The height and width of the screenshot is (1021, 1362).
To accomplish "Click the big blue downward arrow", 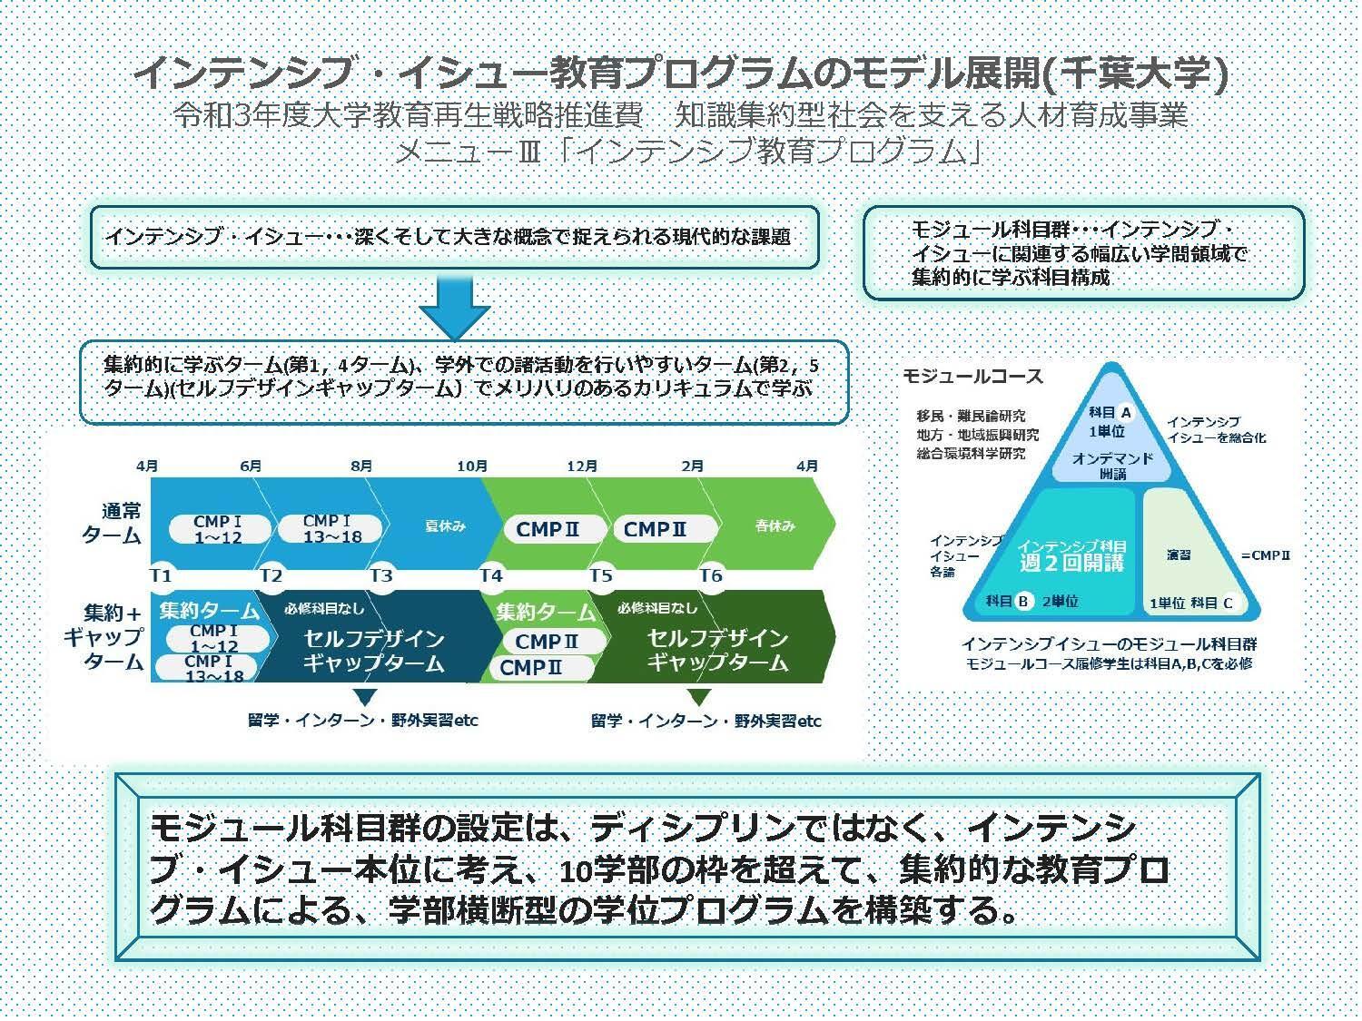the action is pos(454,306).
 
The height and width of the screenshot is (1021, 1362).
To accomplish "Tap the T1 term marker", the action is pos(160,576).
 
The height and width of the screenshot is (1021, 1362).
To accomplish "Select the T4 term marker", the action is pos(490,576).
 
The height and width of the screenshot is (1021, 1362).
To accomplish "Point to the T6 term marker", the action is pos(710,576).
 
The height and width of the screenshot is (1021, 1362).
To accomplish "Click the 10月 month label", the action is pos(472,466).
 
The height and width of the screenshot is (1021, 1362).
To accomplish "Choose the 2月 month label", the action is pos(692,466).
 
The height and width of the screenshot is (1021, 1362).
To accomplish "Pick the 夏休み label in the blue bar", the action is pos(445,526).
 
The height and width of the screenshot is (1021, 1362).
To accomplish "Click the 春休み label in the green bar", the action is pos(775,525).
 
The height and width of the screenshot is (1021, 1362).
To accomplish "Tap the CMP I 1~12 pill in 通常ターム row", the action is pos(219,529).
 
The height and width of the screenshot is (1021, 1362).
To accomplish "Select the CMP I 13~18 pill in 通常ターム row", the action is pos(330,528).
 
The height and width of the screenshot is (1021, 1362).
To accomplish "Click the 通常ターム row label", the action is pos(113,524).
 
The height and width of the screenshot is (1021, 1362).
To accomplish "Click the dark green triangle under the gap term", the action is pos(698,697).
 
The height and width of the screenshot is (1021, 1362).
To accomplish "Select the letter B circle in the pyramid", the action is pos(1023,601).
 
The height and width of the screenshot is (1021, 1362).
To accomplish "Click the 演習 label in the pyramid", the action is pos(1179,555).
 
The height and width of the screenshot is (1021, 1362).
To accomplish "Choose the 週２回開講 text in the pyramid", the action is pos(1071,563).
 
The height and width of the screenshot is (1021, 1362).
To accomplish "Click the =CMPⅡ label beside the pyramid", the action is pos(1265,555).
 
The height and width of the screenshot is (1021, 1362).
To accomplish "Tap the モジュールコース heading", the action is pos(972,376).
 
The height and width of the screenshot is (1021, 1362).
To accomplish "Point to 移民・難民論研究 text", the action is pos(971,416).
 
